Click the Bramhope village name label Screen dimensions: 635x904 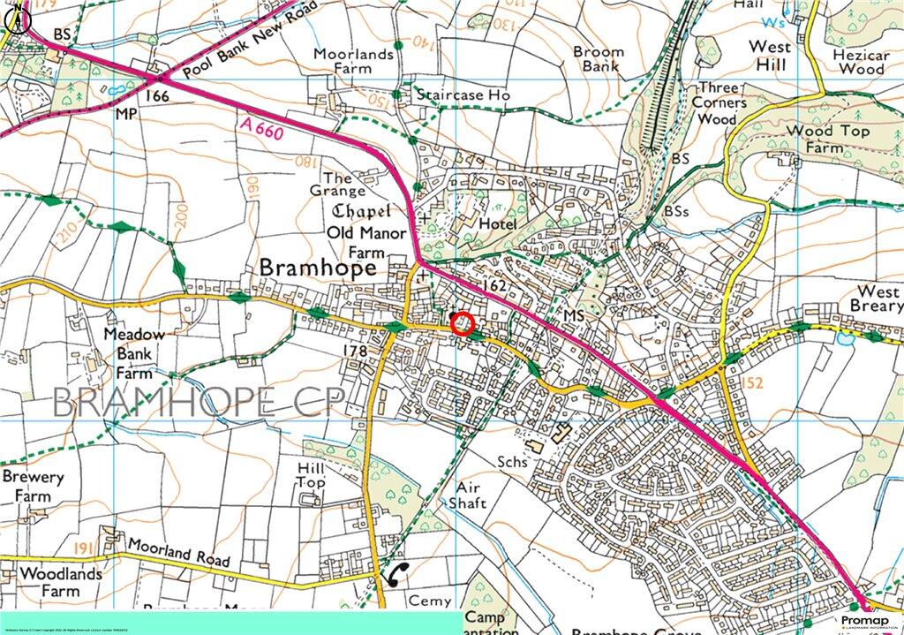[x=318, y=268]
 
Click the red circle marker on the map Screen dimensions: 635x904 [x=463, y=324]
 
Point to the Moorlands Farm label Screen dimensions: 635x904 [x=354, y=63]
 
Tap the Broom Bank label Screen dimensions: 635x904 [x=598, y=59]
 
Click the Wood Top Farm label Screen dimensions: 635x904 [x=815, y=140]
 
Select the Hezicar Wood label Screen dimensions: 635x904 [x=860, y=61]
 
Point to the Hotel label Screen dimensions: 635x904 [x=497, y=224]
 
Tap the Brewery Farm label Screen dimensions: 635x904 [x=33, y=487]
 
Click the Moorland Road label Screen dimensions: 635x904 [x=177, y=554]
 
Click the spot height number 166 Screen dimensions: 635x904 [x=157, y=95]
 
